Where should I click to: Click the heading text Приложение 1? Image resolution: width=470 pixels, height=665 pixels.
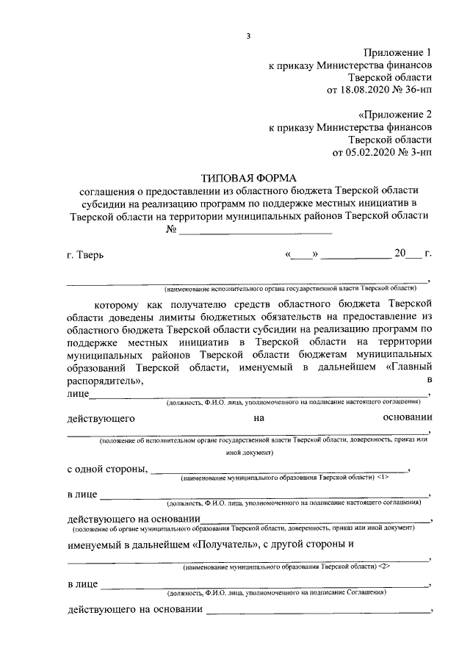click(x=397, y=52)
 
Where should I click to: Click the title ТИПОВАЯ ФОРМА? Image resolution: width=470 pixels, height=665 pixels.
click(x=248, y=178)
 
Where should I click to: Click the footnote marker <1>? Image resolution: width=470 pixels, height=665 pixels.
click(x=388, y=478)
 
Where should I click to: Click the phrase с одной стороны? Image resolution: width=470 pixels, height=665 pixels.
click(x=107, y=469)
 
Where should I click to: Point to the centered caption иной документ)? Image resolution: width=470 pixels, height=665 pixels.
click(x=249, y=453)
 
